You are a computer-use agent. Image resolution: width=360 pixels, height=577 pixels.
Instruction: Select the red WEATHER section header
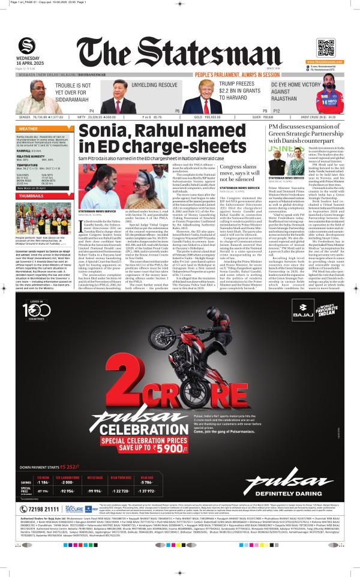point(28,129)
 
